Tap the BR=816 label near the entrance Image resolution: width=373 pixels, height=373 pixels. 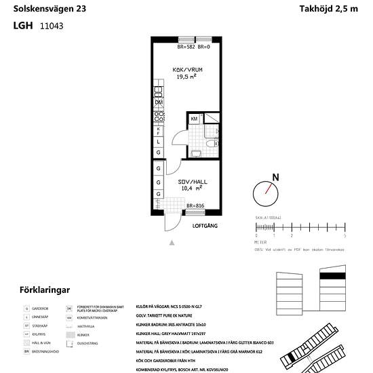195,205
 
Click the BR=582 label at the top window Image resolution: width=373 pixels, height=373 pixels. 186,47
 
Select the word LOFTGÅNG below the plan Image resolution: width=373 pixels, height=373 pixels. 205,225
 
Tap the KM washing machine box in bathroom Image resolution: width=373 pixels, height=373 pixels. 195,119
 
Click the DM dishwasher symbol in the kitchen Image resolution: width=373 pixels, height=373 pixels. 158,102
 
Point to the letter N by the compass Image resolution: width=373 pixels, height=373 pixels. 275,178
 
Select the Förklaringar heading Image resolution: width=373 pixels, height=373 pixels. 45,290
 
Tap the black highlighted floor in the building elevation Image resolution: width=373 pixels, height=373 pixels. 334,276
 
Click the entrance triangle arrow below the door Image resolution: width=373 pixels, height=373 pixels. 172,241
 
